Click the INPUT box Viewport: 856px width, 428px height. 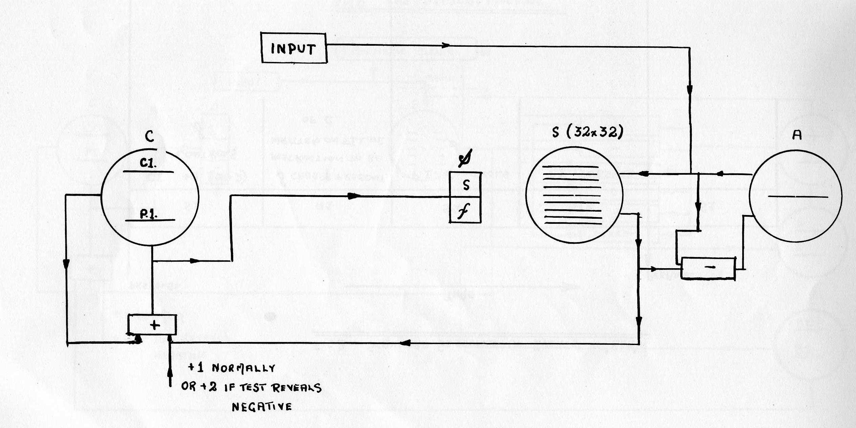(294, 48)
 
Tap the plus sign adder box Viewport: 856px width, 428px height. (152, 324)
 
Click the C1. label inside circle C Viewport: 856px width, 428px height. (148, 164)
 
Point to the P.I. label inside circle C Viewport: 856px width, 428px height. (148, 214)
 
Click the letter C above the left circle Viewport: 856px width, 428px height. (149, 136)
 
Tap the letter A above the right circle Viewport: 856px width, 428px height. (797, 135)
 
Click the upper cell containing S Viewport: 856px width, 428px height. (466, 185)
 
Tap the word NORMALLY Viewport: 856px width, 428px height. (243, 368)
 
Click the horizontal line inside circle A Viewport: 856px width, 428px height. (797, 196)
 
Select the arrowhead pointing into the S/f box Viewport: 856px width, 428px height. (354, 196)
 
